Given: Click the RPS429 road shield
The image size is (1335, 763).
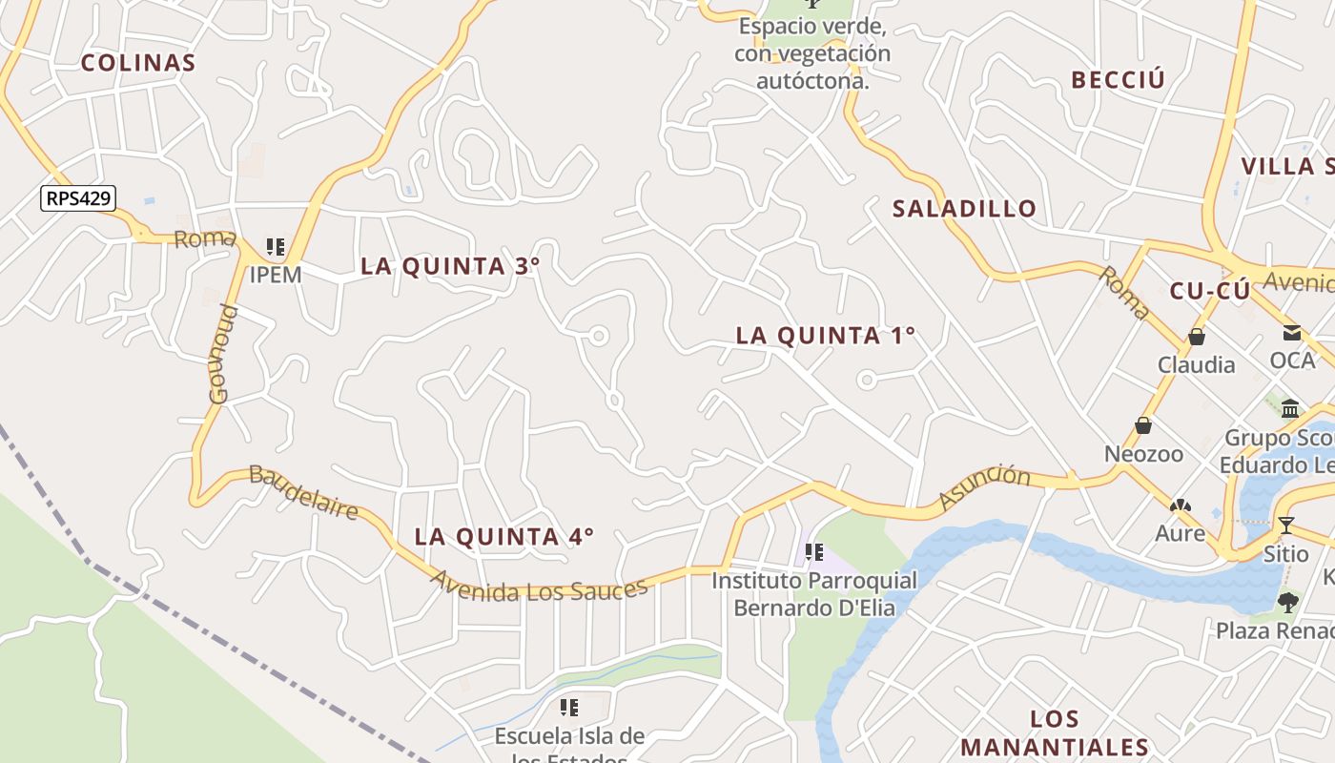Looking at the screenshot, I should pyautogui.click(x=78, y=198).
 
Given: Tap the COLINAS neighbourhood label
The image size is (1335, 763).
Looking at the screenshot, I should pyautogui.click(x=138, y=64).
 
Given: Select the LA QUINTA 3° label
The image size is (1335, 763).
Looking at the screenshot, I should pyautogui.click(x=450, y=266).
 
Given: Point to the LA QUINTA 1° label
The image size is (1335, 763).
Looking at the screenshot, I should pyautogui.click(x=826, y=336).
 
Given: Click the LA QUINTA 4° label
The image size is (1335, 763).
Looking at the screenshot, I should pyautogui.click(x=504, y=537).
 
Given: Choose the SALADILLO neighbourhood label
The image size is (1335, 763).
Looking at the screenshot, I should pyautogui.click(x=964, y=209).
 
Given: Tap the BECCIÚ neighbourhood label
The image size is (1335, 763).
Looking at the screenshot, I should pyautogui.click(x=1118, y=80).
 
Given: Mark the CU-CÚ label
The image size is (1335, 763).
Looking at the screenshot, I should pyautogui.click(x=1209, y=292).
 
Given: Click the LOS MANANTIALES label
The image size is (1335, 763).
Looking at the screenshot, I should pyautogui.click(x=1055, y=733).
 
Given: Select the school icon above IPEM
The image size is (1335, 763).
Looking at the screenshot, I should pyautogui.click(x=276, y=248).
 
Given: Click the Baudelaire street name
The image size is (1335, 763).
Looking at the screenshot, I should pyautogui.click(x=303, y=492).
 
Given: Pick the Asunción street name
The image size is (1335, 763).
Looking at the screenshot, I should pyautogui.click(x=985, y=487).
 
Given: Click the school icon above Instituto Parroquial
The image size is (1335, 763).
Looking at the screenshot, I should pyautogui.click(x=813, y=552).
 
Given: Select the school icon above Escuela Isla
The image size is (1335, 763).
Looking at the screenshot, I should pyautogui.click(x=569, y=708).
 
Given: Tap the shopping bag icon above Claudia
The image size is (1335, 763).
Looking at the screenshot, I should pyautogui.click(x=1196, y=337).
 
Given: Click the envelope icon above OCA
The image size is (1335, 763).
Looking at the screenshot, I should pyautogui.click(x=1291, y=333).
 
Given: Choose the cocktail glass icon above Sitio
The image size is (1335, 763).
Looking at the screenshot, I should pyautogui.click(x=1285, y=525).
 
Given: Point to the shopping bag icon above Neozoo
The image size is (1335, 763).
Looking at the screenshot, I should pyautogui.click(x=1142, y=425).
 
